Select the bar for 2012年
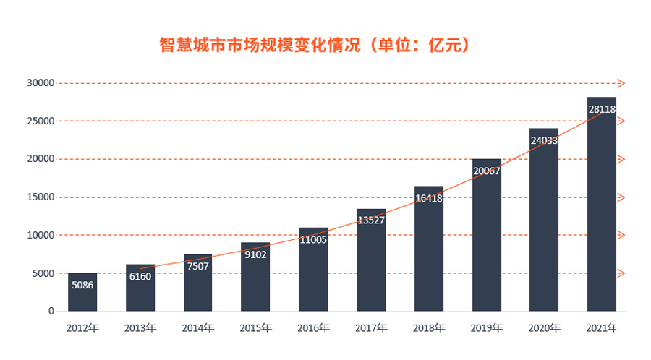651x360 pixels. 82,292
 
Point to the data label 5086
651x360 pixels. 82,285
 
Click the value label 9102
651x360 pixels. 255,254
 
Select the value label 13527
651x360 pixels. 371,220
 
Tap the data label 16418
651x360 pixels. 429,197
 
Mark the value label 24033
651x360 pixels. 544,140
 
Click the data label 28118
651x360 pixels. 602,109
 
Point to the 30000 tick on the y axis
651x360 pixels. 41,83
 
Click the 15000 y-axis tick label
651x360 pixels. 41,197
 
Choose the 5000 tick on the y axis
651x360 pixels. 43,273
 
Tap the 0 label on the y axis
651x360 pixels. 51,312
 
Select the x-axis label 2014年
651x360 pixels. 197,328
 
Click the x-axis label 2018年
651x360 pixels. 429,328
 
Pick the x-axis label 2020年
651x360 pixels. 544,328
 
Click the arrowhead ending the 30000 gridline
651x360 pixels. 621,83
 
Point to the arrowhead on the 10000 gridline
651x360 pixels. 621,235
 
